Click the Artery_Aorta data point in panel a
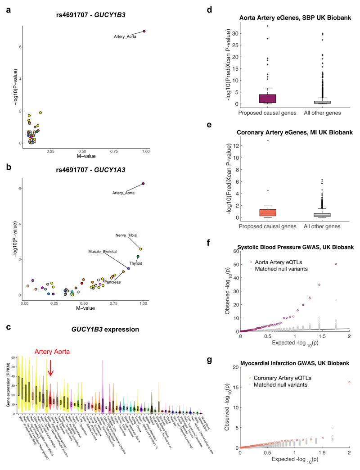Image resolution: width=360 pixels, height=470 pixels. (144, 31)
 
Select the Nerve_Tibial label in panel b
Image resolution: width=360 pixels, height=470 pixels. (126, 235)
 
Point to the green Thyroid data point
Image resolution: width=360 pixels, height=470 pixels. (138, 257)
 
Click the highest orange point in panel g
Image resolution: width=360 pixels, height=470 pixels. (350, 382)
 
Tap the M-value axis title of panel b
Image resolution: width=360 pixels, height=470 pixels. (83, 310)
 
